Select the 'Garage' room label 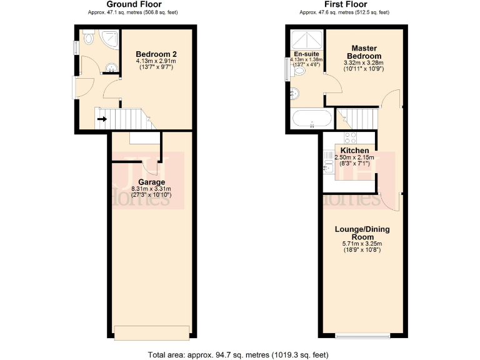pos(151,182)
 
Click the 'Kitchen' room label pos(354,151)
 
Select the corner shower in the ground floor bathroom pos(109,39)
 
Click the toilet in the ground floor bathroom pos(87,40)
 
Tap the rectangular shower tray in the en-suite pos(306,37)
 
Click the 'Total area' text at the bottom pos(238,355)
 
